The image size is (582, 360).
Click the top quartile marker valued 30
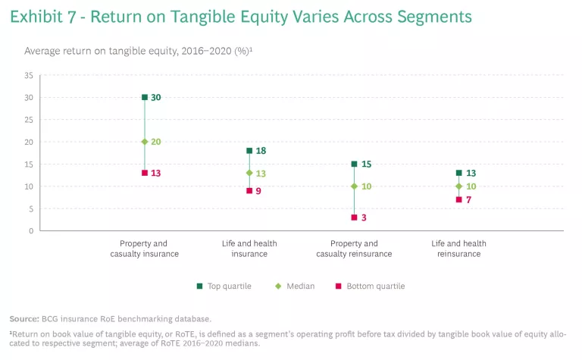145,97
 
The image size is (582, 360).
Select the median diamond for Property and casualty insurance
145,142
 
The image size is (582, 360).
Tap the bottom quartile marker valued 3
354,218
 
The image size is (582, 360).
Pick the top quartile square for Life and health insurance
249,151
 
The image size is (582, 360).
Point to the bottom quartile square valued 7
458,199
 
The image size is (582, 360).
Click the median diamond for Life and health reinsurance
458,186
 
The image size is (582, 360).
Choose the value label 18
261,151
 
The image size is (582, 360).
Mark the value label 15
366,164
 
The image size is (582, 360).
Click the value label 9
259,191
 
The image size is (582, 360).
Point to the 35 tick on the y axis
29,76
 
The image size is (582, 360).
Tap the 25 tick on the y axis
29,120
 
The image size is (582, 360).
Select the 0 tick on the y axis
31,230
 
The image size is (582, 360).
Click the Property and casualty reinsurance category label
354,249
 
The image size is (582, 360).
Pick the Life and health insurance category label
249,249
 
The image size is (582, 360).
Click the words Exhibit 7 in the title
43,16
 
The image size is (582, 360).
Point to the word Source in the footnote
24,318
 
